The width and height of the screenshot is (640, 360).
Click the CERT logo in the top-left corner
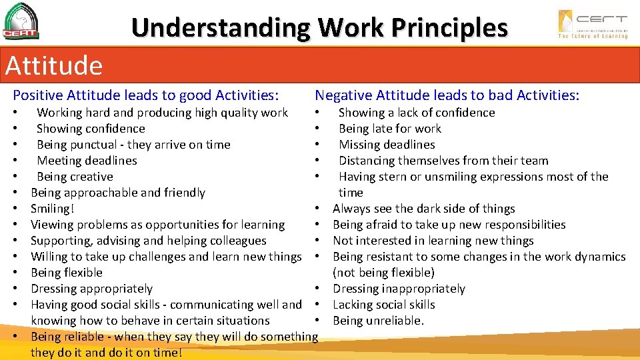[21, 21]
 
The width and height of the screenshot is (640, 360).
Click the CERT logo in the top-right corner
[593, 24]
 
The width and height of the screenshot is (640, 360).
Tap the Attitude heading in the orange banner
[54, 65]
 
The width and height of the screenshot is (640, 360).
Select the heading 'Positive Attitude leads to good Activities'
[146, 95]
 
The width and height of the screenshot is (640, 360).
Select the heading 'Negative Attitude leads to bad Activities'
[447, 95]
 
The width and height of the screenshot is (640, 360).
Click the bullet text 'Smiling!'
[53, 209]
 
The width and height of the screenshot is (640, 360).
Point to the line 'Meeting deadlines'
[87, 161]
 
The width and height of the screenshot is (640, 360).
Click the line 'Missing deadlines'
[387, 145]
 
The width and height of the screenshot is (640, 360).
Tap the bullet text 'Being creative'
[75, 177]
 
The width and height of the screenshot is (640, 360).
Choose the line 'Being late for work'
[390, 129]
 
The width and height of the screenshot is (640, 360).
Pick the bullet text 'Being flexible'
[67, 273]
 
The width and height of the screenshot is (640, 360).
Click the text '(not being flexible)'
[383, 273]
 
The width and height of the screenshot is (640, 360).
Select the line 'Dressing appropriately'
[91, 289]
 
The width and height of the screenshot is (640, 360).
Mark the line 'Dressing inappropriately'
[399, 289]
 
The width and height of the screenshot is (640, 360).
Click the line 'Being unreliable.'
[378, 321]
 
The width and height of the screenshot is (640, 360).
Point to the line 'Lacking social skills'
[383, 305]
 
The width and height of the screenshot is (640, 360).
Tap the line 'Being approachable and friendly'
[118, 193]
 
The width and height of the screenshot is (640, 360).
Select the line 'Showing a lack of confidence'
[417, 113]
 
